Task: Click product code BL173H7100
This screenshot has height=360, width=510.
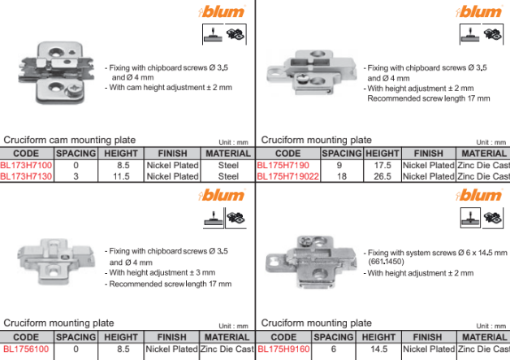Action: click(26, 165)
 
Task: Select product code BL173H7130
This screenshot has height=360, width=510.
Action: click(26, 176)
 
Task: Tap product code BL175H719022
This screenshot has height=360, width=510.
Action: click(287, 176)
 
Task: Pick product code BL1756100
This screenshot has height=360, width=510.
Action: click(26, 349)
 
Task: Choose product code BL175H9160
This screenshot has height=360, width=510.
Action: click(283, 349)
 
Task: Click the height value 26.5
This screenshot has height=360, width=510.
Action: click(382, 176)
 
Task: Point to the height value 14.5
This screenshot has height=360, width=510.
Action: click(379, 349)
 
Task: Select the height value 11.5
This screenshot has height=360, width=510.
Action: click(121, 176)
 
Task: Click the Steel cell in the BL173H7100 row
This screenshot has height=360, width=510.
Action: click(228, 165)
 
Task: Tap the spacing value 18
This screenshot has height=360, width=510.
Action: click(342, 176)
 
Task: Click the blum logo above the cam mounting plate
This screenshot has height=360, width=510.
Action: click(222, 11)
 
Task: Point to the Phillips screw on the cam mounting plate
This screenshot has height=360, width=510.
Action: click(74, 89)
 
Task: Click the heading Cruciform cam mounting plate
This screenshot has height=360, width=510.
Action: click(70, 140)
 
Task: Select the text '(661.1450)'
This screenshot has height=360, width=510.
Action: click(386, 262)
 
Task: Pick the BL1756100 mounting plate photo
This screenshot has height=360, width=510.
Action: click(56, 262)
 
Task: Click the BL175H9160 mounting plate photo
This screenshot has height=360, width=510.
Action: click(310, 262)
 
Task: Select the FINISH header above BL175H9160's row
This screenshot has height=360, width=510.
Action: click(427, 337)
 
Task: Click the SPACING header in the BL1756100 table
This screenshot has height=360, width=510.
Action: click(76, 337)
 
